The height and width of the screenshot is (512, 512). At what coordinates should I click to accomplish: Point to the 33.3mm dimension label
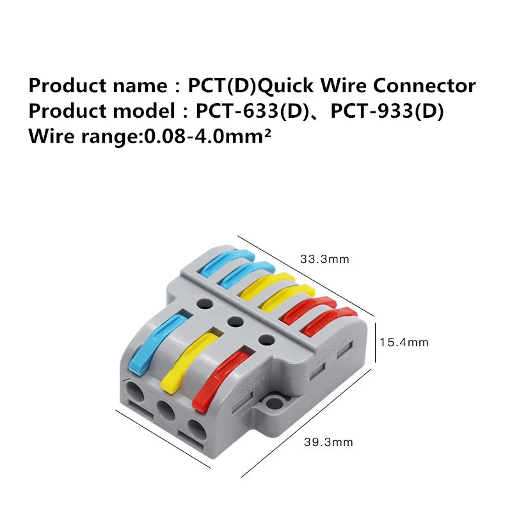pos(325,259)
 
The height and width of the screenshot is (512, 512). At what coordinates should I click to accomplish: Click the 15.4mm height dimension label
pos(404,342)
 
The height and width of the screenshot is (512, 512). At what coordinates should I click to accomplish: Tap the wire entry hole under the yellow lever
pos(164,410)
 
